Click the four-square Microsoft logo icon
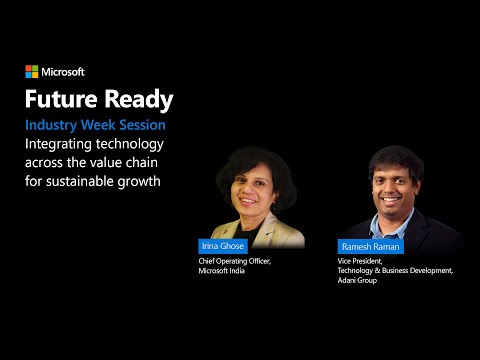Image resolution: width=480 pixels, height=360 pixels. pyautogui.click(x=31, y=72)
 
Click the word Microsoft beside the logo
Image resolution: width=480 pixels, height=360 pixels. pyautogui.click(x=63, y=72)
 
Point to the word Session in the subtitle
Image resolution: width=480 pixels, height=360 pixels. pyautogui.click(x=140, y=126)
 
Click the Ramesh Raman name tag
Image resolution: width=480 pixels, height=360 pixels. pyautogui.click(x=366, y=246)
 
